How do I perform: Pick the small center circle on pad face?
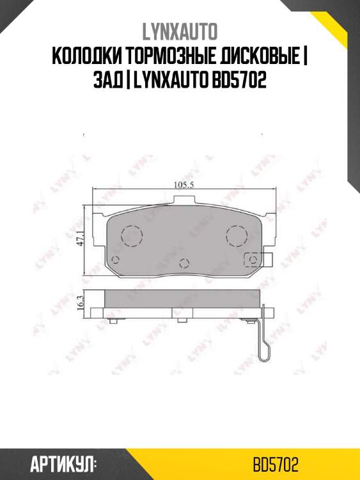[184, 262]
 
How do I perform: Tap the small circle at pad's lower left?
[116, 260]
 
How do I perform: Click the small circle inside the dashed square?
[254, 260]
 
